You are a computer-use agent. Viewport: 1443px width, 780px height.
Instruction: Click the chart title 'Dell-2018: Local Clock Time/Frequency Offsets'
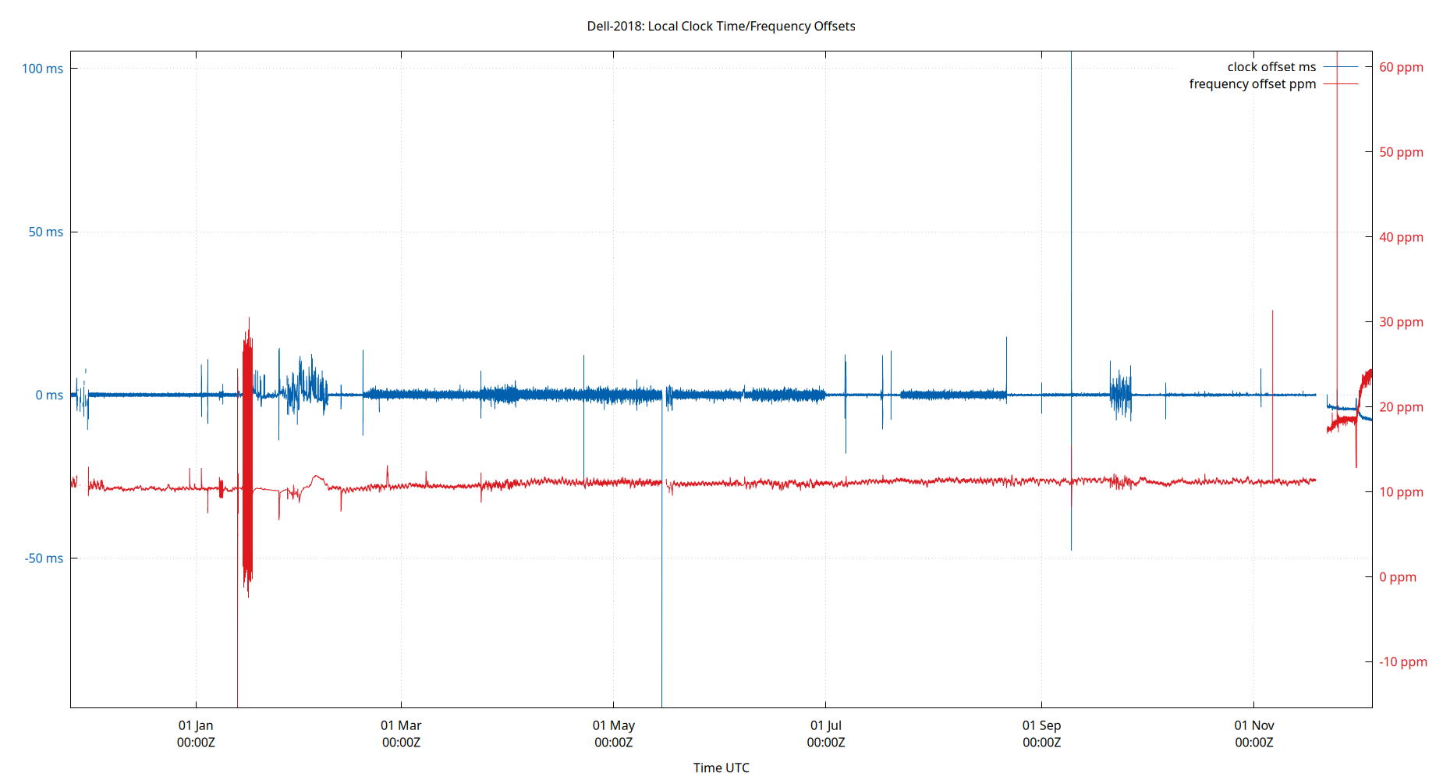721,27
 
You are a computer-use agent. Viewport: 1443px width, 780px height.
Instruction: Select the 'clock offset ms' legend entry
1271,67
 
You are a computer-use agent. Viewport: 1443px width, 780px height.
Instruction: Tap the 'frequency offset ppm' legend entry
1252,84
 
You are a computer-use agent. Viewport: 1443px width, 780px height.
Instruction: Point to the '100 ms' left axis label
43,69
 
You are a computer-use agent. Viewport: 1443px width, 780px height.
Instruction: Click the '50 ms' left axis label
46,232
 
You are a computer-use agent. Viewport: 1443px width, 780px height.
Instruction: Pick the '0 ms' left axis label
49,395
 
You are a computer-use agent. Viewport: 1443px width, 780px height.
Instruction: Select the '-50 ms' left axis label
44,558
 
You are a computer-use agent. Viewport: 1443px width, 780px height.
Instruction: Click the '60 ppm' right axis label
1401,67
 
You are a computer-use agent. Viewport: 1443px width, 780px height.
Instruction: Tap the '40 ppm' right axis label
1401,237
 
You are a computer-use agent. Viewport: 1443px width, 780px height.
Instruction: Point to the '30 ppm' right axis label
1401,322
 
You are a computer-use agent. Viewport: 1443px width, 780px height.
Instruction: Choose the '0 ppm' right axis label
1398,577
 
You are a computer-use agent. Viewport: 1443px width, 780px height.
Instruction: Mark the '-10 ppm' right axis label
1402,662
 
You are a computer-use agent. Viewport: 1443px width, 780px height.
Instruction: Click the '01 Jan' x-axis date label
196,725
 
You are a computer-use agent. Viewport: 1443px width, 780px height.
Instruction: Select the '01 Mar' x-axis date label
401,725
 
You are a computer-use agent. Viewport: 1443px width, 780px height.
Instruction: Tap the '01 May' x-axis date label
614,725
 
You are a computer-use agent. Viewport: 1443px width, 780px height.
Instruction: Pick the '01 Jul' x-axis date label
826,725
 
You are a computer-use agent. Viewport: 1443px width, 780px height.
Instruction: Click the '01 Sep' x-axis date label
1041,725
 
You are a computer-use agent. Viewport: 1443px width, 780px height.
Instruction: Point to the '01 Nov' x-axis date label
1254,725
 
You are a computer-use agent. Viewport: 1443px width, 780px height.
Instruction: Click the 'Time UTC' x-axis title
721,768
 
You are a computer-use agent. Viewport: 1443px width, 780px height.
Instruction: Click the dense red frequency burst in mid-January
247,460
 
